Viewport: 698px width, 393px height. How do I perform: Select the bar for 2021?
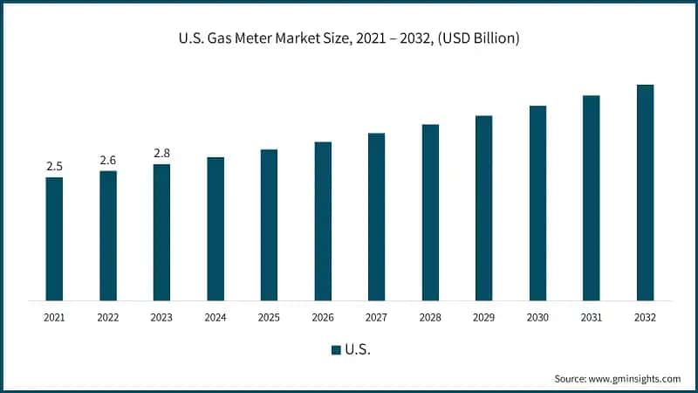click(54, 239)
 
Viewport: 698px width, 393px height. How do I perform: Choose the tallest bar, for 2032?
click(645, 193)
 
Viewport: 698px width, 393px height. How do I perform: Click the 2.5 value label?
click(54, 166)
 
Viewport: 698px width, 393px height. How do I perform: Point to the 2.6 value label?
click(108, 160)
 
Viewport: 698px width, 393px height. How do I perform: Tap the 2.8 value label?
click(161, 153)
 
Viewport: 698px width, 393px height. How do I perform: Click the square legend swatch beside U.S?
click(336, 350)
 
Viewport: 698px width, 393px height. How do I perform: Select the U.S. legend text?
click(357, 350)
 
